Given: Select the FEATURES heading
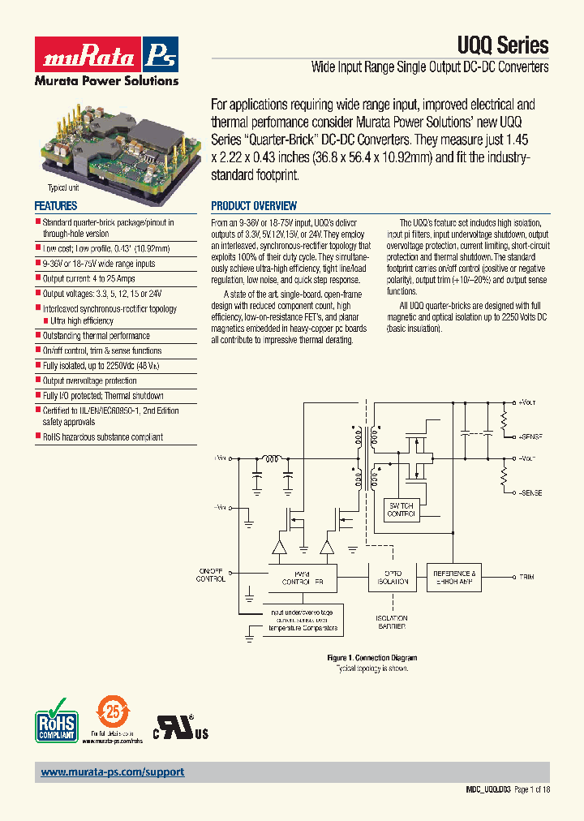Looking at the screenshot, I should click(56, 206).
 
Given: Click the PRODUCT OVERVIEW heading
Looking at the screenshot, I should click(254, 206).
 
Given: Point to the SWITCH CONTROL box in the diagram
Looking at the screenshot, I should click(401, 508).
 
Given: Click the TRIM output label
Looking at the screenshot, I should click(527, 577).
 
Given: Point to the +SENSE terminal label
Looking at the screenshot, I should click(530, 436).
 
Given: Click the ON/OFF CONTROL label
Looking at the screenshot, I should click(212, 574).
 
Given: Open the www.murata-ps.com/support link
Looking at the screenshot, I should click(113, 772).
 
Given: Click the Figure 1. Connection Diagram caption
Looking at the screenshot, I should click(371, 658).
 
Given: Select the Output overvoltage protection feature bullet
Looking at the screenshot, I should click(89, 380).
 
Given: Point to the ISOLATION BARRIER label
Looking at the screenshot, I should click(391, 621).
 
